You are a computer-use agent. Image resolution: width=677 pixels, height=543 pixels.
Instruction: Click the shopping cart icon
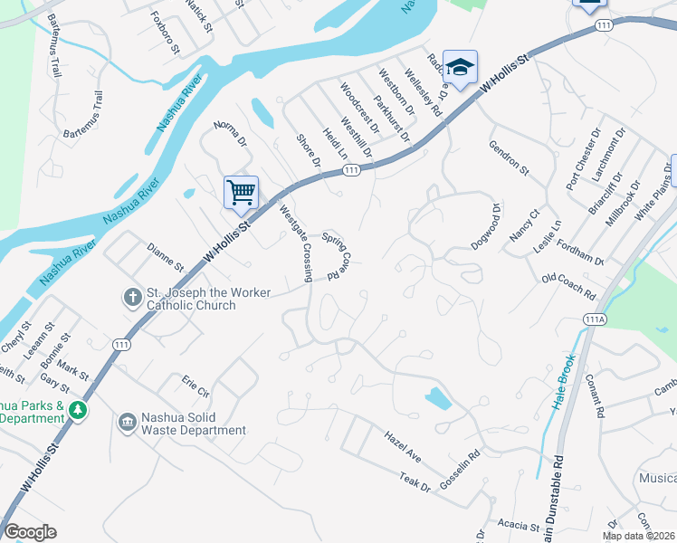click(x=241, y=191)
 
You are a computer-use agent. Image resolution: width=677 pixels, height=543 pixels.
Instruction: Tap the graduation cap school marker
click(x=460, y=67)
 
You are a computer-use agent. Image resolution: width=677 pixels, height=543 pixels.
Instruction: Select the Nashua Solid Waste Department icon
click(x=126, y=423)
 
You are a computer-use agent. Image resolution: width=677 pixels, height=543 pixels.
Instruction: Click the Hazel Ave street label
click(x=402, y=443)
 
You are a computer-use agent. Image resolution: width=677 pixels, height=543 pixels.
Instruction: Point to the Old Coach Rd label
click(x=568, y=288)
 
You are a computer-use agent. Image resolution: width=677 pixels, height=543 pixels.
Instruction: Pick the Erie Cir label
click(x=195, y=386)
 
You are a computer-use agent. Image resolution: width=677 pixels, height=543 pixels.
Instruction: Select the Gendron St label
click(x=508, y=156)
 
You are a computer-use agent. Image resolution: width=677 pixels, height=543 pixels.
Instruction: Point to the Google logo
click(x=30, y=532)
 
